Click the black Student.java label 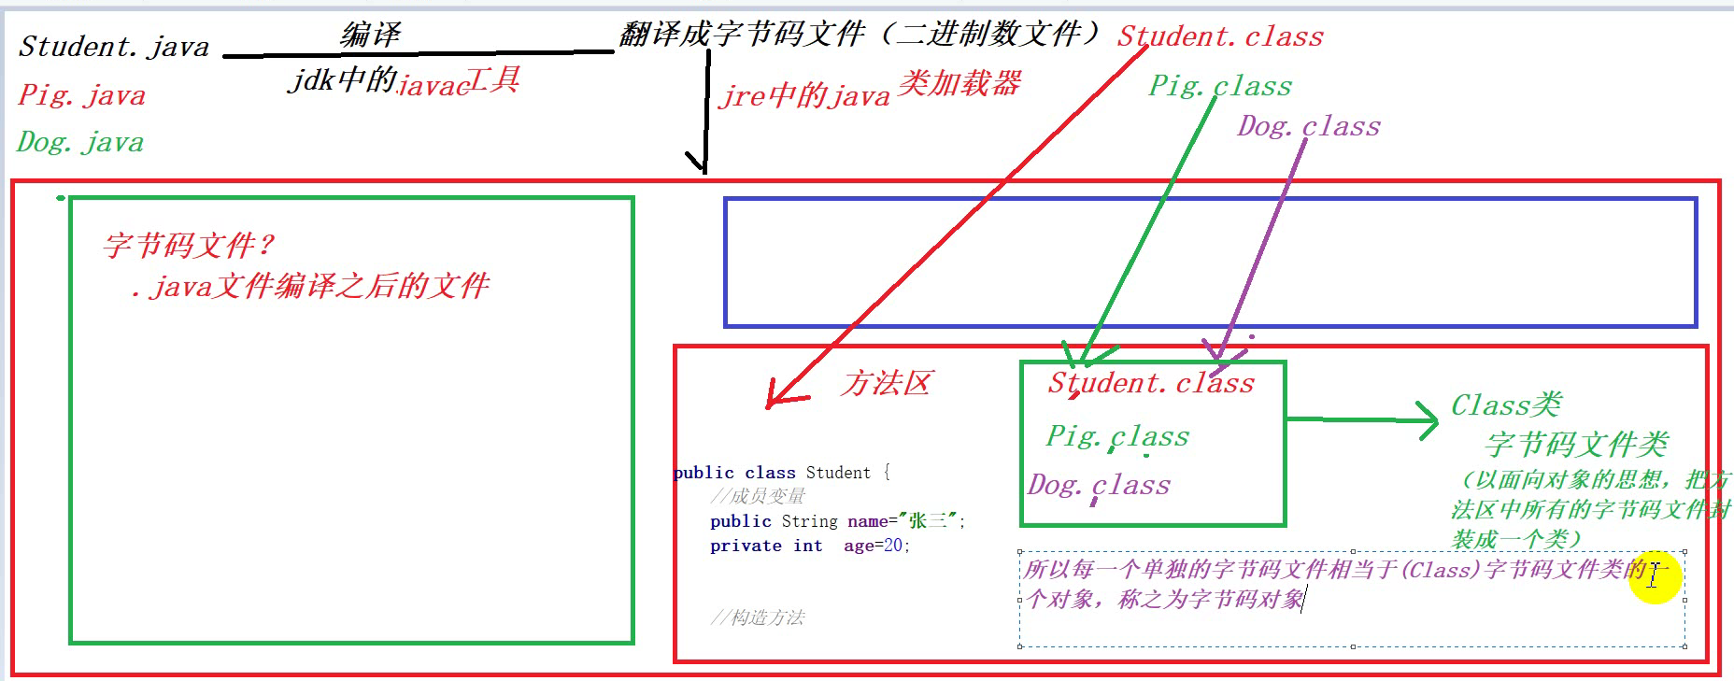click(x=114, y=47)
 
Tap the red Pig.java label click(x=82, y=95)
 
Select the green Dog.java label click(x=80, y=142)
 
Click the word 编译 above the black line click(x=370, y=35)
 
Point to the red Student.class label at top click(x=1220, y=36)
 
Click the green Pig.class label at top click(x=1220, y=86)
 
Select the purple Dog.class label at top click(x=1309, y=126)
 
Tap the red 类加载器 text click(x=959, y=84)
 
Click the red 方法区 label click(x=886, y=383)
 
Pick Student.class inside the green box click(x=1151, y=383)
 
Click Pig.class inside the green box click(x=1117, y=436)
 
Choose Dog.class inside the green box click(x=1099, y=485)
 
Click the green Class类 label click(x=1506, y=405)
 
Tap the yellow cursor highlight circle click(x=1654, y=576)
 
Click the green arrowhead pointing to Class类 click(x=1428, y=420)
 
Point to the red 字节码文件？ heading click(x=190, y=246)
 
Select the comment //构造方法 click(x=758, y=617)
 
